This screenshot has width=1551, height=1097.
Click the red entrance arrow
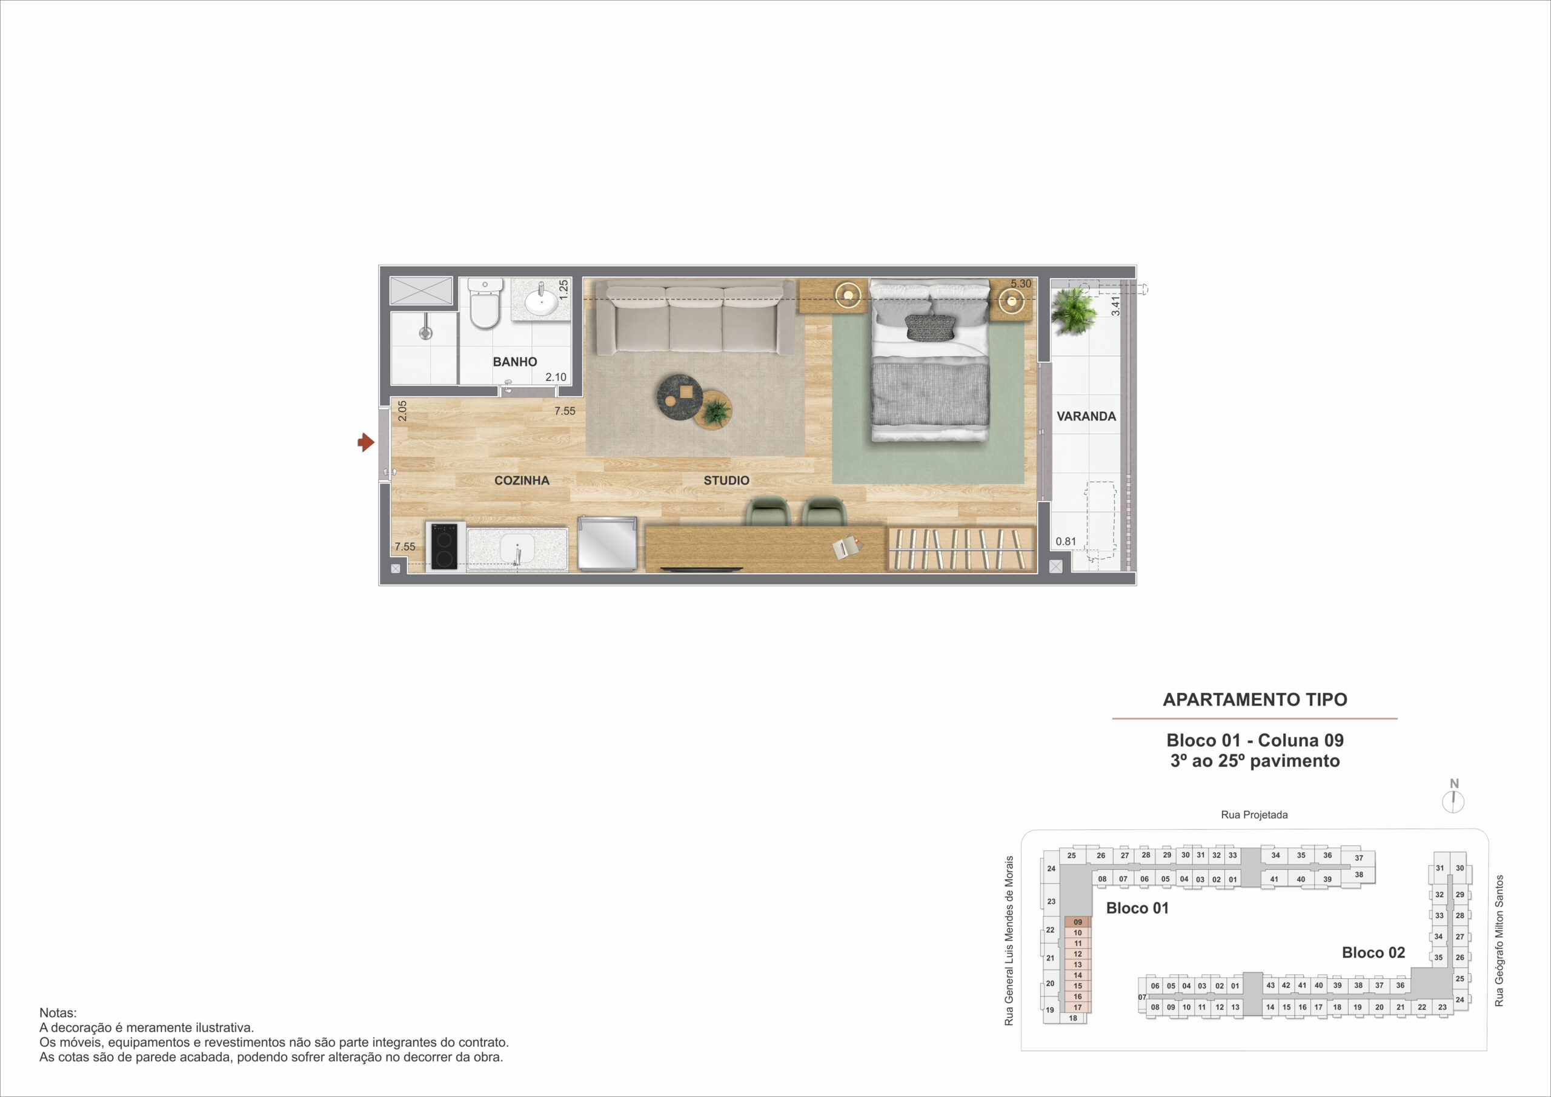[x=366, y=442]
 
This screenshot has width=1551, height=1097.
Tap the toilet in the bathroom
[x=485, y=303]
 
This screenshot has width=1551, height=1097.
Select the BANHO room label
[x=515, y=362]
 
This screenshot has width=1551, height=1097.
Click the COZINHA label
[x=522, y=480]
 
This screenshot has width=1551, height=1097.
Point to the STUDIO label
[x=726, y=480]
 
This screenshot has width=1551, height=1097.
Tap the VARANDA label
[x=1086, y=416]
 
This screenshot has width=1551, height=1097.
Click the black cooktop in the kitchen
[x=445, y=546]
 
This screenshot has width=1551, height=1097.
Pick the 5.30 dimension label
[x=1021, y=283]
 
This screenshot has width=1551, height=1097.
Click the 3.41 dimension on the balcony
[x=1115, y=305]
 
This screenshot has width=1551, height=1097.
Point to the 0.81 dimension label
[x=1066, y=541]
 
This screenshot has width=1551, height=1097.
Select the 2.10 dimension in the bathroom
[x=556, y=377]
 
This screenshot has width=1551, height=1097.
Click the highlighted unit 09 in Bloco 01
[x=1077, y=922]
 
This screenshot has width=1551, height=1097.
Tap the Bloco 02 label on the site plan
[x=1373, y=952]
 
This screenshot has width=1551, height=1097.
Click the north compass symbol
[x=1453, y=802]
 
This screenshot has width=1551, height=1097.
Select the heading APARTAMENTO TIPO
[x=1255, y=700]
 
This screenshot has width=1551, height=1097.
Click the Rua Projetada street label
[x=1255, y=815]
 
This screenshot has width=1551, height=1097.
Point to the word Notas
[x=58, y=1013]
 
